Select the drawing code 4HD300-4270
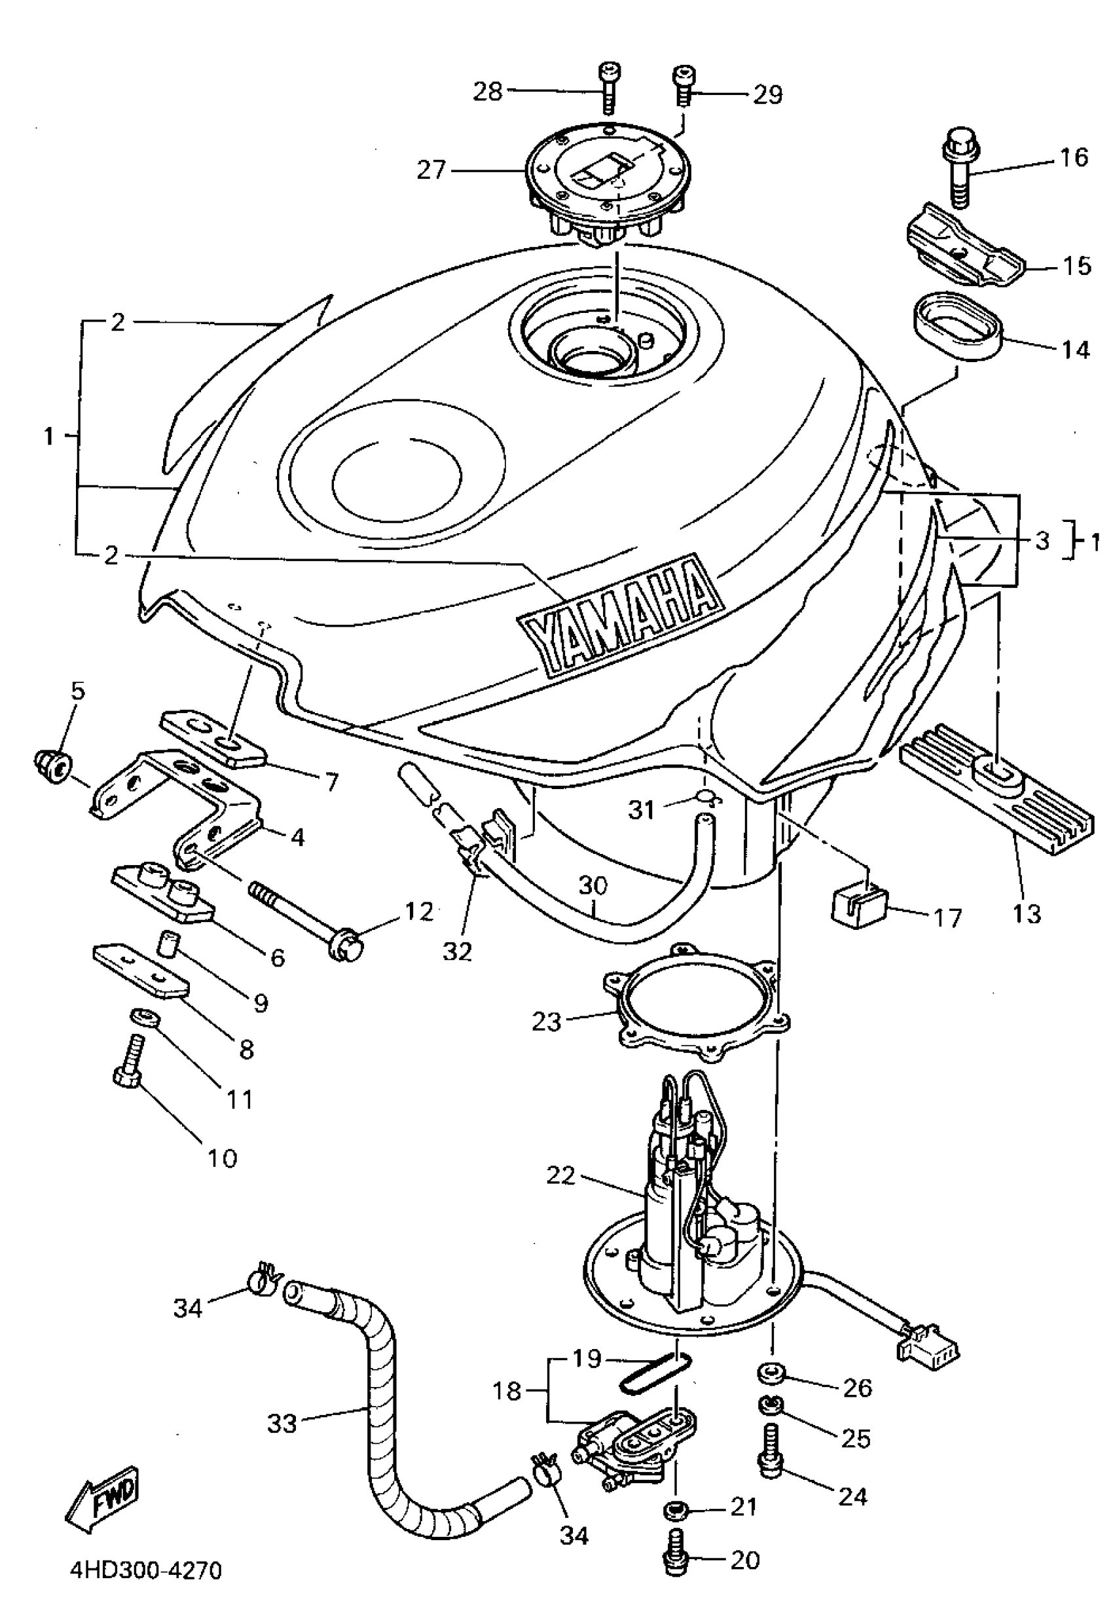[x=146, y=1570]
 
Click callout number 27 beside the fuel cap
[x=431, y=170]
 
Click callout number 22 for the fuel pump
[x=560, y=1176]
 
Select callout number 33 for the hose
[x=282, y=1424]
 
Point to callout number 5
[x=77, y=691]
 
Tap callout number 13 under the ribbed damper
[x=1027, y=913]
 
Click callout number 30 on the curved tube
[x=593, y=886]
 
